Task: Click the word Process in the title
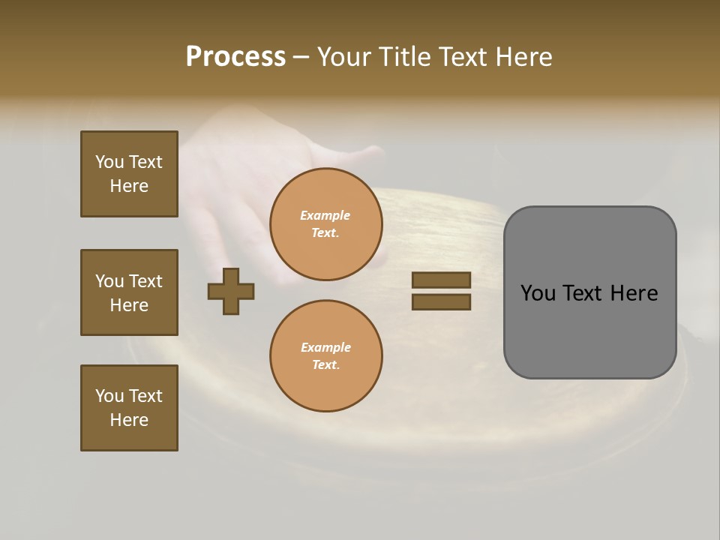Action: tap(235, 57)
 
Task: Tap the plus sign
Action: tap(231, 291)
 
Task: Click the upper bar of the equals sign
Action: tap(441, 280)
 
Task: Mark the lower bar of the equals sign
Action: tap(441, 301)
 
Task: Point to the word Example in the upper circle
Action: tap(325, 215)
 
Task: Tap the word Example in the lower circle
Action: tap(325, 347)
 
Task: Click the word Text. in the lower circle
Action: tap(325, 364)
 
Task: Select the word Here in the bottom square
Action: tap(129, 420)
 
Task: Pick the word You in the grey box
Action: tap(537, 293)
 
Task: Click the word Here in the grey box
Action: tap(634, 293)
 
